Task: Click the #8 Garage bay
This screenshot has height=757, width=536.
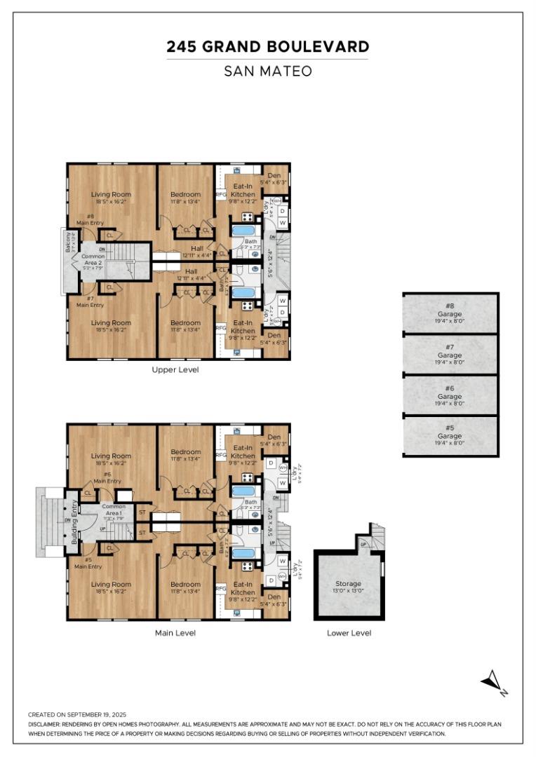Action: pos(450,313)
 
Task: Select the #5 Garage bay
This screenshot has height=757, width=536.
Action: pos(450,436)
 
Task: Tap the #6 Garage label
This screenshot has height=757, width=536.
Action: pos(450,395)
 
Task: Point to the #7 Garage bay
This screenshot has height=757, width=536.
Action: pos(450,354)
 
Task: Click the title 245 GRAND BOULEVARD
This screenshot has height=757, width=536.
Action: pos(267,47)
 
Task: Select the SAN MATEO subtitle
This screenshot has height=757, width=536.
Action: pos(267,71)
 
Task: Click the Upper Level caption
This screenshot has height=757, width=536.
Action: pos(175,369)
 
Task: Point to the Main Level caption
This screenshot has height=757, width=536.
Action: pos(175,633)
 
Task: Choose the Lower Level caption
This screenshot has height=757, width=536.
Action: pos(349,633)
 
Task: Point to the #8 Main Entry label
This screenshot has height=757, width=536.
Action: pos(91,219)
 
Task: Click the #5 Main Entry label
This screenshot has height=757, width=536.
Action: pos(88,563)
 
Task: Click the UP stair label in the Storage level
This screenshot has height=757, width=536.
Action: pos(363,544)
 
